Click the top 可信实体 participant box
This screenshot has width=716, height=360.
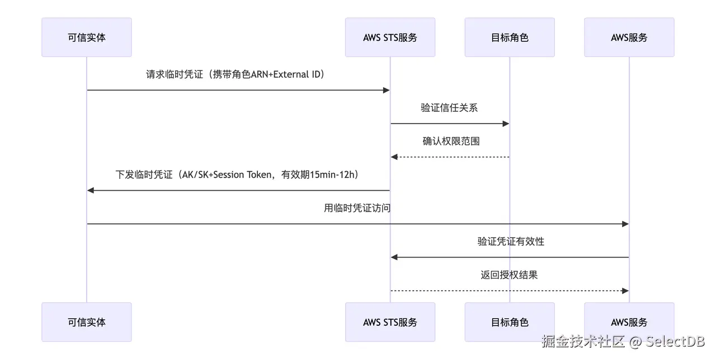point(87,37)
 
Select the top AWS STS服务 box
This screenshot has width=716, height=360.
point(390,37)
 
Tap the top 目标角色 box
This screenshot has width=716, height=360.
point(510,37)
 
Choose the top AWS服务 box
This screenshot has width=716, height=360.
point(629,37)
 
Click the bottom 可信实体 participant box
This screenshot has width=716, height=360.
point(87,322)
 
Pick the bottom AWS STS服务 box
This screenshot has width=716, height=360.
point(390,322)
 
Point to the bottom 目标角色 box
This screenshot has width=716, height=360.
point(510,322)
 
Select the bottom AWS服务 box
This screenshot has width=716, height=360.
point(629,322)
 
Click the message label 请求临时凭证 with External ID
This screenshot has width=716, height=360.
point(235,74)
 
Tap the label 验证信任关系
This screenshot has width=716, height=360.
point(449,108)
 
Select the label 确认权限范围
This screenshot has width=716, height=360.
point(451,141)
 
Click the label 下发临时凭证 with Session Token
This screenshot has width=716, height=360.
point(237,174)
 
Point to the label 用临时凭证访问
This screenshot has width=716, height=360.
point(357,208)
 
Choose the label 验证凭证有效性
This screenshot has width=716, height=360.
point(511,241)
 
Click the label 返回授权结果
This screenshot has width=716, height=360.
point(509,275)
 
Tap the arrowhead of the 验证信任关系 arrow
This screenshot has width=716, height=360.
point(506,124)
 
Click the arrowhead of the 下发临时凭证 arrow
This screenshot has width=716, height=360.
point(91,191)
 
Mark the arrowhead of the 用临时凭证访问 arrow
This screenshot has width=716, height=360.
point(625,224)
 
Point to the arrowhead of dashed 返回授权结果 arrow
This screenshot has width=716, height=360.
point(625,291)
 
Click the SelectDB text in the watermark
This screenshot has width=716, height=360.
point(675,342)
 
